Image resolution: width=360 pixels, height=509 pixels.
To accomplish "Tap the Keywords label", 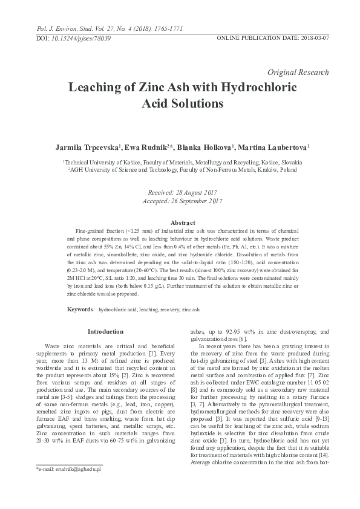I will (80, 309).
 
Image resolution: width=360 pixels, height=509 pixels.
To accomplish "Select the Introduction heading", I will (105, 332).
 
